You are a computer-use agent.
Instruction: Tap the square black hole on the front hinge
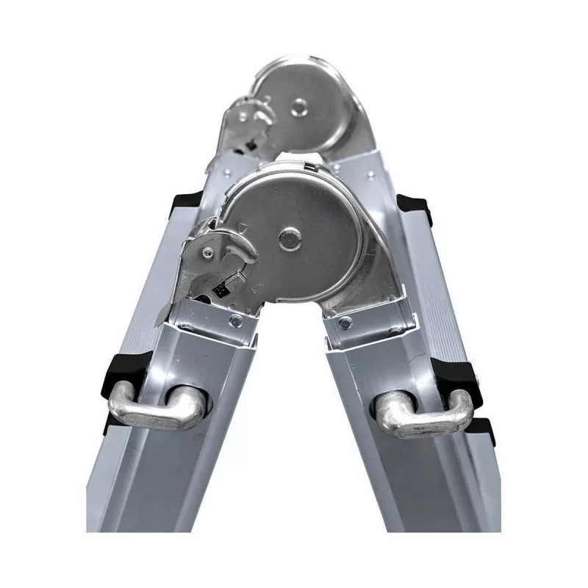(218, 290)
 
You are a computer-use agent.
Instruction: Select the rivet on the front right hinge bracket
(344, 322)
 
